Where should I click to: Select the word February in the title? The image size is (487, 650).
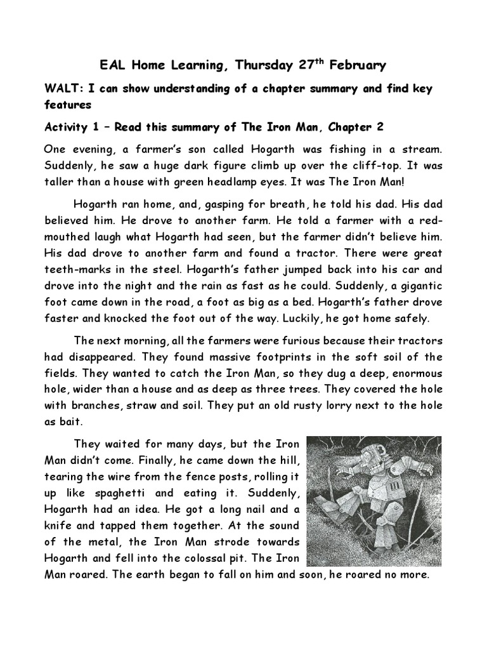(x=360, y=65)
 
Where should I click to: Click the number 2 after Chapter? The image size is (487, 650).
(x=379, y=127)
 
